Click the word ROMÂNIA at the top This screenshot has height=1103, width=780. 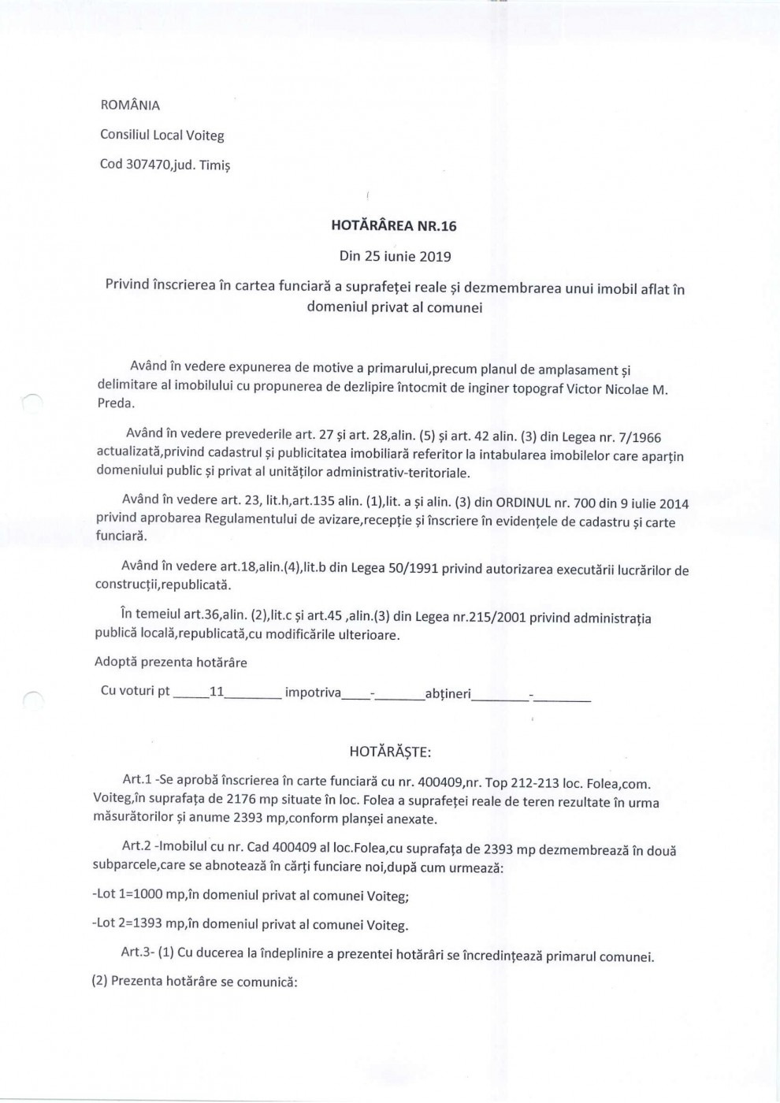[130, 105]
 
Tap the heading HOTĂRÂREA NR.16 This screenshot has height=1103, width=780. [394, 226]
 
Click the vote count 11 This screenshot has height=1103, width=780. [217, 692]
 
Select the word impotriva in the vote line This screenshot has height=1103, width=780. [313, 693]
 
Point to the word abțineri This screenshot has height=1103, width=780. [448, 693]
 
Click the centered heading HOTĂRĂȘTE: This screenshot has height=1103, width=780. [390, 752]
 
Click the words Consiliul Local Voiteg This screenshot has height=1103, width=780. [162, 135]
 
